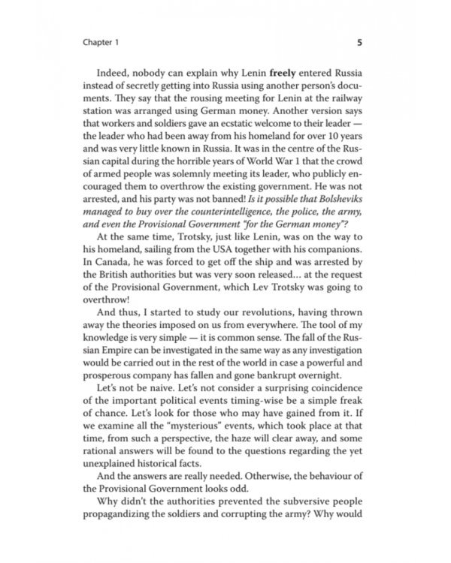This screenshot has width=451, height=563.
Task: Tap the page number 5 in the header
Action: tap(359, 43)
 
